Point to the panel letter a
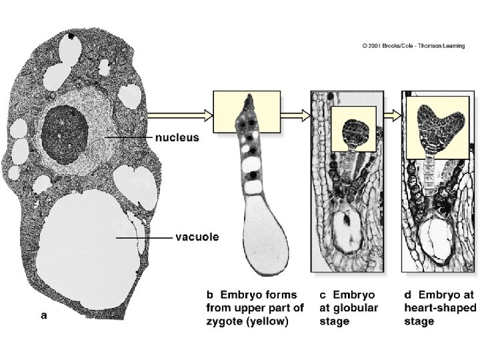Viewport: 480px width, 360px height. point(44,316)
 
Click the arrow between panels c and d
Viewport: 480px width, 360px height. point(395,114)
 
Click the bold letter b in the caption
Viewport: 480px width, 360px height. point(208,294)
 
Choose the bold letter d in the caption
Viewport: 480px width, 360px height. point(408,294)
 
